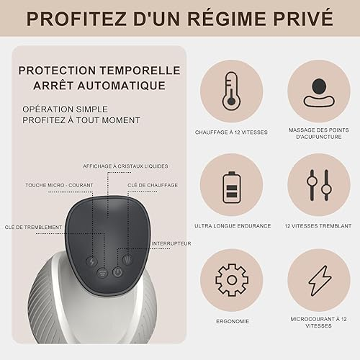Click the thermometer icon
coord(231,91)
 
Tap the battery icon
coord(231,187)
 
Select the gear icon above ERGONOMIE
coord(232,280)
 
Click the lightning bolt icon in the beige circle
coord(320,281)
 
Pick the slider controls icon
coord(319,185)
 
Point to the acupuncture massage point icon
coord(319,93)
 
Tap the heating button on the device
coord(127,259)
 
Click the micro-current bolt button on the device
coord(92,261)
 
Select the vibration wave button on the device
coord(102,273)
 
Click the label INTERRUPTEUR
coord(171,243)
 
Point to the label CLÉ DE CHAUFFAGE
coord(153,185)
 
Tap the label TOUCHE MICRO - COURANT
coord(59,185)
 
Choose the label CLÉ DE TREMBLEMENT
coord(33,227)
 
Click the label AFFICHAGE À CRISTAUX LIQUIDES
coord(125,166)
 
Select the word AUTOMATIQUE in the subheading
coord(121,86)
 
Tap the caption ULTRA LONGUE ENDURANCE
coord(233,226)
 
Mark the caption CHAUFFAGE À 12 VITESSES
coord(231,132)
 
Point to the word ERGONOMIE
coord(233,321)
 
